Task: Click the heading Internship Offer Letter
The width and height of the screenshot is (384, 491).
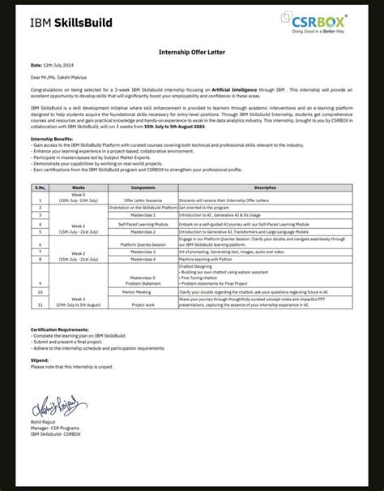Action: coord(191,51)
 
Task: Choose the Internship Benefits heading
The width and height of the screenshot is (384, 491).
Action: coord(53,138)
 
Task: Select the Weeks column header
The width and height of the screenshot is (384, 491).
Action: coord(78,187)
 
